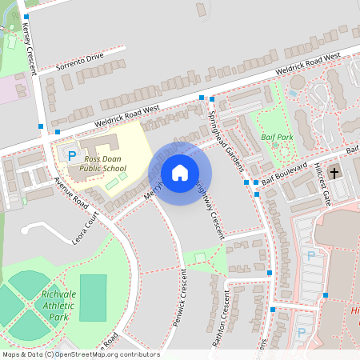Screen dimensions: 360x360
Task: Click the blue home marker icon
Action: (180, 173)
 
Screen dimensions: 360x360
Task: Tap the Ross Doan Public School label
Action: (105, 164)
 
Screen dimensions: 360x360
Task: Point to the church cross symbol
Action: (334, 172)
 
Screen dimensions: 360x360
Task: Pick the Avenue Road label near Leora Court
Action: (70, 192)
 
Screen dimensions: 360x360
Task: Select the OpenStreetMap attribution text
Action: (80, 354)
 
